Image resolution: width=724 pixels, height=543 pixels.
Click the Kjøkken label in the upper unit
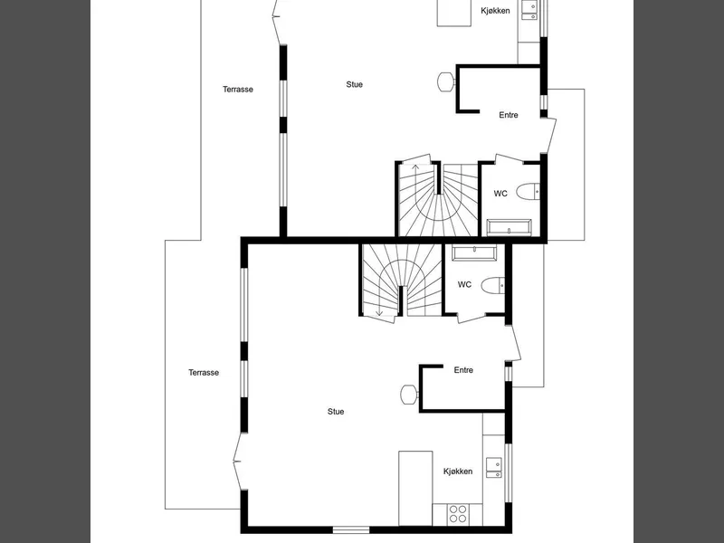click(495, 11)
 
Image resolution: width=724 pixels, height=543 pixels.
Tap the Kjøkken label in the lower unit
click(458, 472)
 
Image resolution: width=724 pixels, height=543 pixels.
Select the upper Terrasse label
click(238, 89)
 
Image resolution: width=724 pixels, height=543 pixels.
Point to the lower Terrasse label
click(204, 373)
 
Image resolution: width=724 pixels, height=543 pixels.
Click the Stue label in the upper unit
click(354, 84)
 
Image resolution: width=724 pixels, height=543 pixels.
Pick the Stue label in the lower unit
click(336, 412)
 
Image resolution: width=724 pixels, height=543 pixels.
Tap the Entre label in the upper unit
click(509, 115)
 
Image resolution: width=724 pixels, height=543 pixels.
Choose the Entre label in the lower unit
click(463, 370)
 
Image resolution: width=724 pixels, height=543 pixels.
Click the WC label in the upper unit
click(500, 194)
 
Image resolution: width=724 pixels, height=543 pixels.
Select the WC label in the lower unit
click(464, 284)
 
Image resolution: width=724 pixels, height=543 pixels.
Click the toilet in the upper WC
click(528, 192)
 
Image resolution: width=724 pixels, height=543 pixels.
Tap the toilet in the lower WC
click(492, 285)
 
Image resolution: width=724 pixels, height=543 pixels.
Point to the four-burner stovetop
click(458, 514)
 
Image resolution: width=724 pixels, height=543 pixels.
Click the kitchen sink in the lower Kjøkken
click(493, 468)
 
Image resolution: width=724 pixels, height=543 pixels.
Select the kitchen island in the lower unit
click(415, 488)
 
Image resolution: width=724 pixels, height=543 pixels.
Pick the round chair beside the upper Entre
click(445, 82)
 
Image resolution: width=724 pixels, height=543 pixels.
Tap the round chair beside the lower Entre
click(409, 395)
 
